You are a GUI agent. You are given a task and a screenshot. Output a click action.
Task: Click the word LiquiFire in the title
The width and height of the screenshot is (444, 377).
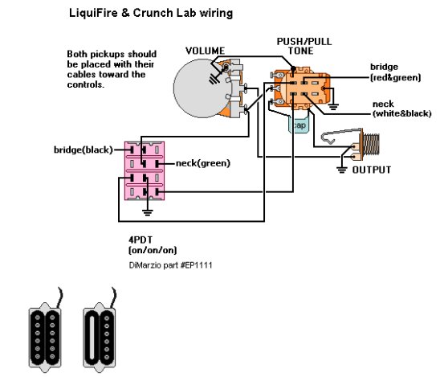point(92,13)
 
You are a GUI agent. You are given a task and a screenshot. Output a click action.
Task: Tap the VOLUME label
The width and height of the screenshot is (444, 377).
point(205,51)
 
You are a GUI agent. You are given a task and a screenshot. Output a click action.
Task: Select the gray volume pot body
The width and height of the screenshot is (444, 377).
point(198,88)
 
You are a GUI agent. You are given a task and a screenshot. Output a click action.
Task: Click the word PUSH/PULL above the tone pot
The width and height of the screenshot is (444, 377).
point(303,41)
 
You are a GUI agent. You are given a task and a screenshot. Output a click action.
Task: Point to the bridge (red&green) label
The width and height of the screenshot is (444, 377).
point(395,72)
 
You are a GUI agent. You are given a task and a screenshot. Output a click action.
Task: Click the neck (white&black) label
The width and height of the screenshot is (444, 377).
point(401,109)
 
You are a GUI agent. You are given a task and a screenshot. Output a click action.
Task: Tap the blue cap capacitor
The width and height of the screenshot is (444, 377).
point(299,125)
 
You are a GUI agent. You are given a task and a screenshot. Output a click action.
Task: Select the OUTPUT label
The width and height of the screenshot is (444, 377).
point(372,170)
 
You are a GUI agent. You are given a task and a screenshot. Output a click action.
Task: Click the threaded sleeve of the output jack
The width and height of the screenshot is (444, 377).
point(371,145)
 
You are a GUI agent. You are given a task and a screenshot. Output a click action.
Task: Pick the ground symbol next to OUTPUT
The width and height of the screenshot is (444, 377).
point(342,170)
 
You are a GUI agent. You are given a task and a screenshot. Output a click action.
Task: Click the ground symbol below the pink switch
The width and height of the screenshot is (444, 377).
point(147,212)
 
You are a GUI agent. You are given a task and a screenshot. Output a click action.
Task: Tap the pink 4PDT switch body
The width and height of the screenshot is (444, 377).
point(145,171)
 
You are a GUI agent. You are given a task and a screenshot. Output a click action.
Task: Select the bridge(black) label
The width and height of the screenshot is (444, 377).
point(84,150)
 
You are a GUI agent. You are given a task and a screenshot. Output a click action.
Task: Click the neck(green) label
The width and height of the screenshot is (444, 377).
point(203,163)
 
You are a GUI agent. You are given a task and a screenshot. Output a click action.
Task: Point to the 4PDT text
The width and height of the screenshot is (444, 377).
point(141,240)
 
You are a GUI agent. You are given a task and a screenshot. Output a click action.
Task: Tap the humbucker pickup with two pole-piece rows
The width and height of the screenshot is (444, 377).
point(45,338)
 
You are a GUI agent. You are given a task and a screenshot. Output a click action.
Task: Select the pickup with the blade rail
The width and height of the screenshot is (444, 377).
point(99,338)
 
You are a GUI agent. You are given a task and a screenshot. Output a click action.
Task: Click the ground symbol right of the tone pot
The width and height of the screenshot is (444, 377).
point(333,107)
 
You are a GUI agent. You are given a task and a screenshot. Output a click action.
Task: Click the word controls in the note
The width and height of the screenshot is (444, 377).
point(86,84)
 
